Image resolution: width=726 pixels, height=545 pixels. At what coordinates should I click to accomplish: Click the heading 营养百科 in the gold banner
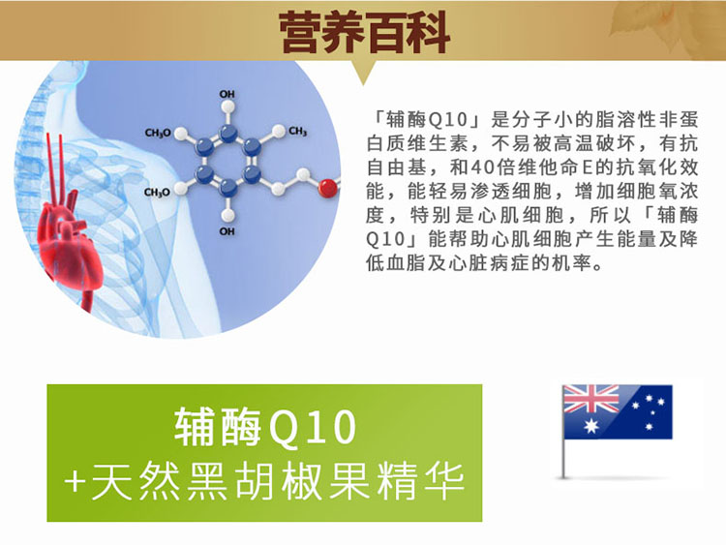[365, 33]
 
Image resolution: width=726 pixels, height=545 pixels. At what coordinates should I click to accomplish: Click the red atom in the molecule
[327, 188]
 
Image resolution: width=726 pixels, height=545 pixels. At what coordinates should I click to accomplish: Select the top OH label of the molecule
[227, 94]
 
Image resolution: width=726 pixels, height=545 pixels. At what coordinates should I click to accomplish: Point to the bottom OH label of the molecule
[227, 231]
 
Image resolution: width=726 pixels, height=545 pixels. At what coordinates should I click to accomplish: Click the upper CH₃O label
[158, 134]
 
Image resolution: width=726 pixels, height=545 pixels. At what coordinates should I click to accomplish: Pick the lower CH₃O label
[157, 193]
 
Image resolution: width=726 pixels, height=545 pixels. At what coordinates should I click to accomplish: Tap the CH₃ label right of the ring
[298, 132]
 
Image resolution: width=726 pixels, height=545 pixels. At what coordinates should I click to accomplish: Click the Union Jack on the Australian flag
[591, 399]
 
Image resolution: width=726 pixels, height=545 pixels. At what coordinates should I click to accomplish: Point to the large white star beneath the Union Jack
[591, 426]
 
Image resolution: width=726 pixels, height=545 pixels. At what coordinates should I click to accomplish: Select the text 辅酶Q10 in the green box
[265, 427]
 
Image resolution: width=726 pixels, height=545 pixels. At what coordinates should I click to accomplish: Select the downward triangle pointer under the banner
[363, 71]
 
